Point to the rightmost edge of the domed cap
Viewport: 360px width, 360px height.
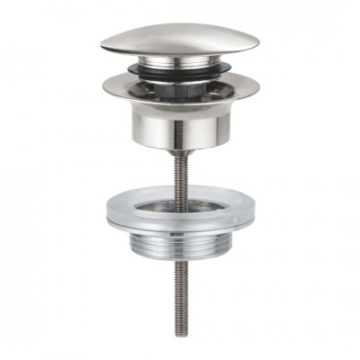click(258, 41)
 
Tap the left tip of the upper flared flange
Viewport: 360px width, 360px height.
click(103, 86)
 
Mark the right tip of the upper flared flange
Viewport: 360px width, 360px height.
click(258, 86)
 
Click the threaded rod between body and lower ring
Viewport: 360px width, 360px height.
click(180, 175)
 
